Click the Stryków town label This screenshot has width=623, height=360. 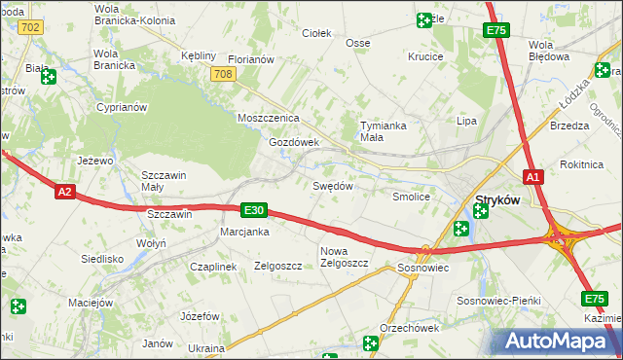click(496, 201)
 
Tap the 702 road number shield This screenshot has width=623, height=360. click(29, 27)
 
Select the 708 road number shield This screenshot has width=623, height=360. click(222, 74)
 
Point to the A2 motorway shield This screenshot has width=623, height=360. click(64, 192)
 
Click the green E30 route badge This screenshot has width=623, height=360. click(253, 210)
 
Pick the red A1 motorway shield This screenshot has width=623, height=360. click(532, 177)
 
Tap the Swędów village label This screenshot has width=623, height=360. click(332, 186)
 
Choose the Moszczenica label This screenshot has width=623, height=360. click(269, 118)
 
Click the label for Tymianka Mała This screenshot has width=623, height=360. click(384, 131)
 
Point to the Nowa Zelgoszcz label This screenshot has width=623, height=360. click(344, 257)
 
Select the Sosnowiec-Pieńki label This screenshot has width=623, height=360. click(498, 302)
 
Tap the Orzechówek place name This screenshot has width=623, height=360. click(410, 328)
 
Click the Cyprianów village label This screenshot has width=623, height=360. click(121, 107)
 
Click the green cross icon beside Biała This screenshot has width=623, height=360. click(48, 77)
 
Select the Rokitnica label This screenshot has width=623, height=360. click(583, 164)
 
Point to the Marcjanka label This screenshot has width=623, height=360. click(244, 232)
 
